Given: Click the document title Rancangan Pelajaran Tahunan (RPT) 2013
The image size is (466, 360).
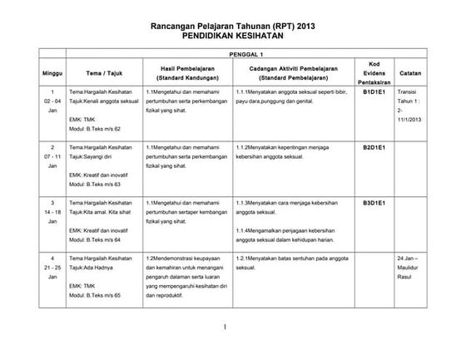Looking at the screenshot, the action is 232,27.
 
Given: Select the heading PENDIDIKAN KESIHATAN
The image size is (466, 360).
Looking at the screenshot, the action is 232,37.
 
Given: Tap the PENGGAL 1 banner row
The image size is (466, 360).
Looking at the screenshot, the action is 232,52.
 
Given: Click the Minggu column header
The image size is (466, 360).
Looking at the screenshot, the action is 52,72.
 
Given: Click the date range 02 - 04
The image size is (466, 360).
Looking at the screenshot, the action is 52,101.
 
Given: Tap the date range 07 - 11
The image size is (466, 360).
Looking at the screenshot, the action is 52,156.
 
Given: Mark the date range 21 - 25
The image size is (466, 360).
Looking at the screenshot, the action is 52,268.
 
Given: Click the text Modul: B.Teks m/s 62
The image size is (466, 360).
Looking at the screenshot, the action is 95,130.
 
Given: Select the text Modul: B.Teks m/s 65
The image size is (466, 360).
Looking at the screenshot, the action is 95,295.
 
